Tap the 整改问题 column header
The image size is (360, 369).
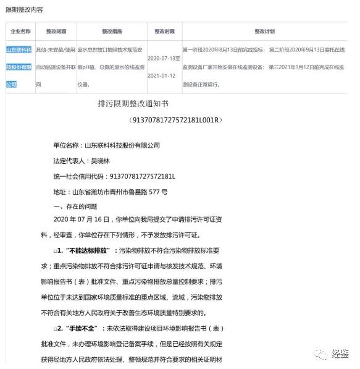[x=56, y=31]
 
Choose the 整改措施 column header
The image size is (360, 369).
[x=112, y=31]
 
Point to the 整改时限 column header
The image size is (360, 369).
[x=164, y=31]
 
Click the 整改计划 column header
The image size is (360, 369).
[x=264, y=31]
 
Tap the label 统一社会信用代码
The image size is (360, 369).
[x=79, y=177]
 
